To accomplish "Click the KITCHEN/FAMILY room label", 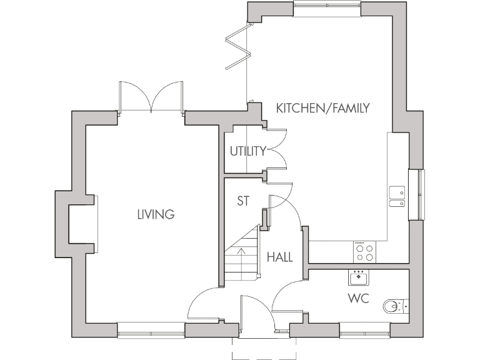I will pyautogui.click(x=323, y=108).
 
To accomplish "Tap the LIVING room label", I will pyautogui.click(x=156, y=214).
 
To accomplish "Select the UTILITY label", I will pyautogui.click(x=247, y=151).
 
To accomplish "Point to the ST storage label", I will pyautogui.click(x=243, y=201).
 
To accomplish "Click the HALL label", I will pyautogui.click(x=279, y=257).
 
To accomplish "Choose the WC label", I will pyautogui.click(x=358, y=299).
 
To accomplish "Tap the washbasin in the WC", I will pyautogui.click(x=359, y=277).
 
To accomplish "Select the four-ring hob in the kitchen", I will pyautogui.click(x=364, y=251).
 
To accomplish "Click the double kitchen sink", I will pyautogui.click(x=396, y=196).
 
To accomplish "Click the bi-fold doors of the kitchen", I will pyautogui.click(x=238, y=47).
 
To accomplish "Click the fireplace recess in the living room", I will pyautogui.click(x=81, y=224).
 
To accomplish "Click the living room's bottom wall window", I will pyautogui.click(x=151, y=330).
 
